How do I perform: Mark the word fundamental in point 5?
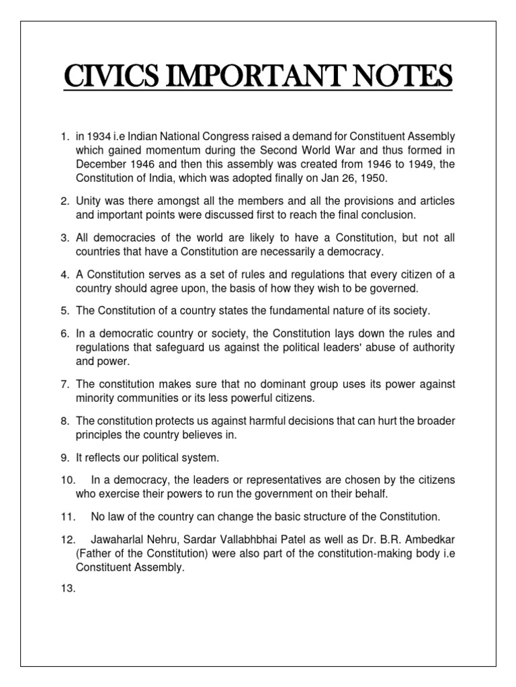pyautogui.click(x=278, y=311)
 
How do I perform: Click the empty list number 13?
pyautogui.click(x=67, y=589)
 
